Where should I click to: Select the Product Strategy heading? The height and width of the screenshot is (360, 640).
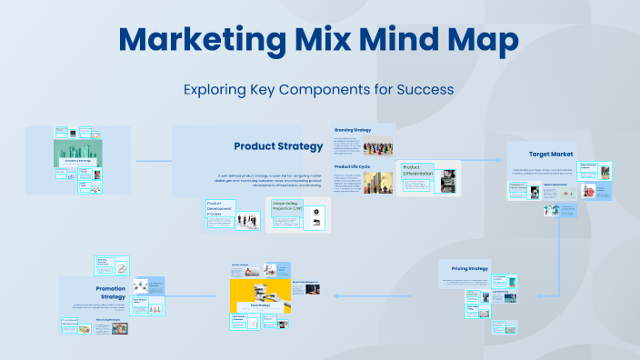coord(278,146)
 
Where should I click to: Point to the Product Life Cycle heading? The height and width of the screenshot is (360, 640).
coord(353,167)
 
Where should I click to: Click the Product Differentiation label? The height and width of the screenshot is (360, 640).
coord(418,172)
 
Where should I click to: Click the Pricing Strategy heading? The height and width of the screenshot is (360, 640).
coord(470,268)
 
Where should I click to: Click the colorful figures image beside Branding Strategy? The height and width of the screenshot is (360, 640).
coord(378,146)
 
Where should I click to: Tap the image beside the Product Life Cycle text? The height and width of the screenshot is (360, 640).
coord(378,182)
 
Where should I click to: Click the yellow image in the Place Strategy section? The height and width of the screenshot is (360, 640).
coord(259,294)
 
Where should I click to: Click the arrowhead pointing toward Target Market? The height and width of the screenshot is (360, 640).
coord(498,160)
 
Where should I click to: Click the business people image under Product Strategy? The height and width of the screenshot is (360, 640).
coord(245,220)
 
